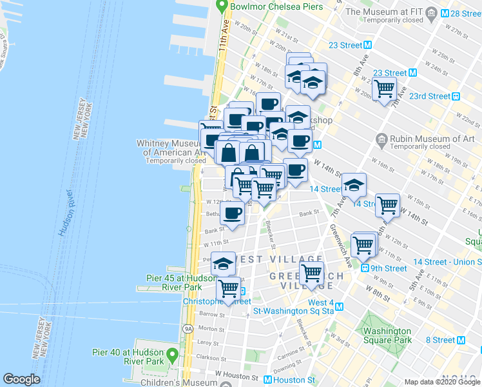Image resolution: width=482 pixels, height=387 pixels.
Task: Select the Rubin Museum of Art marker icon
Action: (x=381, y=139)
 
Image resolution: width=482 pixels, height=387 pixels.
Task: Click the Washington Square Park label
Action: (x=387, y=335)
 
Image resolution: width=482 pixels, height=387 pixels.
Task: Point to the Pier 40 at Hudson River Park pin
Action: (x=172, y=355)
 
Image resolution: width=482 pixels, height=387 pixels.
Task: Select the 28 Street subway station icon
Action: (x=445, y=13)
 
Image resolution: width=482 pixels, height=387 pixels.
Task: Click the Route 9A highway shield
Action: (x=188, y=328)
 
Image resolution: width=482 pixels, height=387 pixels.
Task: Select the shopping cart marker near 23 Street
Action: (x=385, y=88)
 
